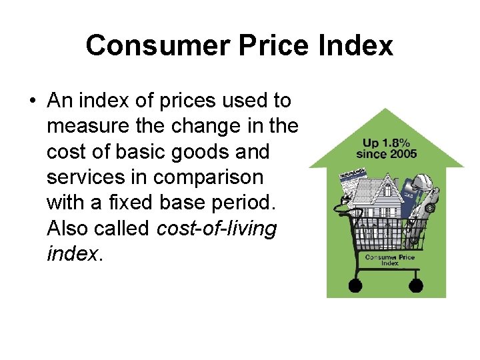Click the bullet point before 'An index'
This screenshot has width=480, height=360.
point(31,101)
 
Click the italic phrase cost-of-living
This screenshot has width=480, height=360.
point(216,229)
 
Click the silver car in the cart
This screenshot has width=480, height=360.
point(427,207)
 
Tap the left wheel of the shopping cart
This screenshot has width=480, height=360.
point(355,285)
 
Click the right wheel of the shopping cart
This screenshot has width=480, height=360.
point(415,285)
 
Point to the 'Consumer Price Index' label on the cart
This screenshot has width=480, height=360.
point(389,260)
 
